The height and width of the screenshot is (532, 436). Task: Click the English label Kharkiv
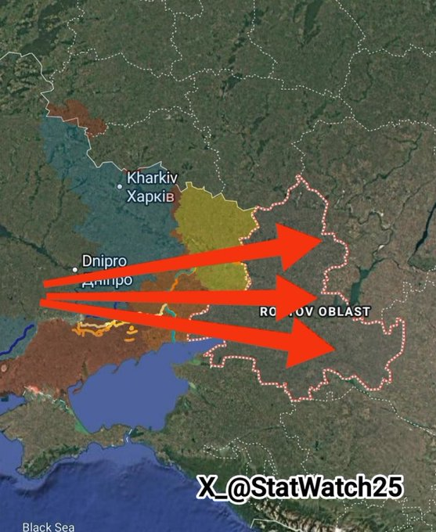click(152, 178)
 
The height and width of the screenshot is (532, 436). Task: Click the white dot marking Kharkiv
click(120, 186)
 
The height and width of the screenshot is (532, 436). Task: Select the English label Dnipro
click(105, 261)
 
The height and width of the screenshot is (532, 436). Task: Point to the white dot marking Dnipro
click(75, 268)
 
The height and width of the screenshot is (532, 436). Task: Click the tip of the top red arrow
click(322, 239)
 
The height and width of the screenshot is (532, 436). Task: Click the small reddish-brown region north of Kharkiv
click(74, 113)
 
